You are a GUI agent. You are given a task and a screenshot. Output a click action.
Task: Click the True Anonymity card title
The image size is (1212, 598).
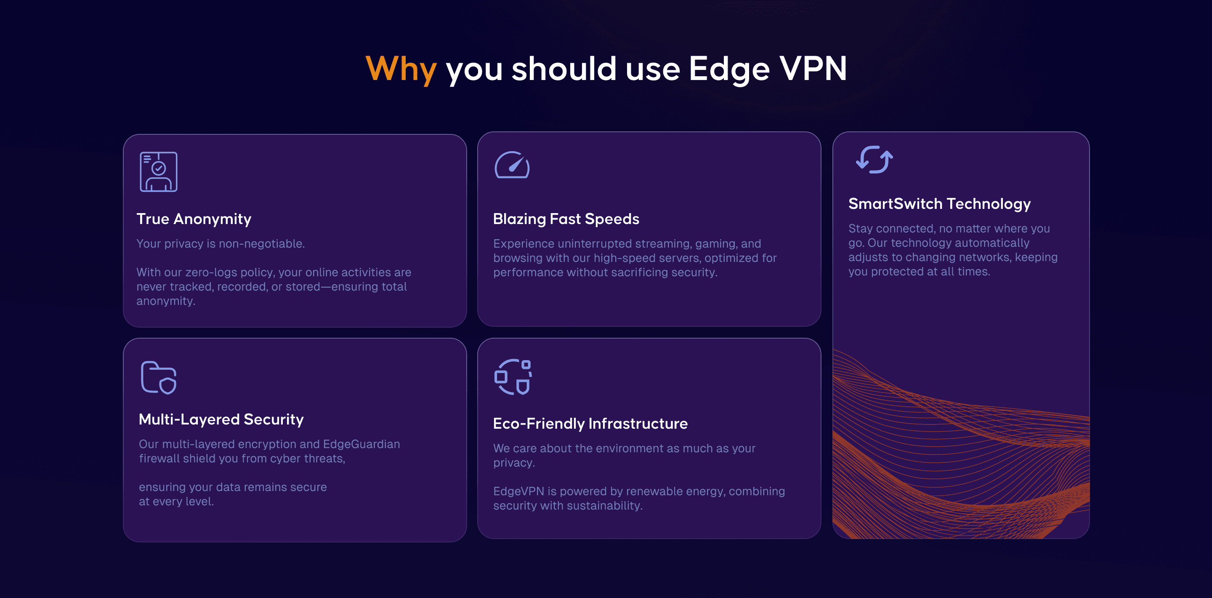(x=194, y=219)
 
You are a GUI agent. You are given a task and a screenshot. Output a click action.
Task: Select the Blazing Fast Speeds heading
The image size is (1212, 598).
(x=566, y=219)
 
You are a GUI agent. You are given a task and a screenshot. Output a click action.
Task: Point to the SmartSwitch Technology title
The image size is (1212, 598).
(x=939, y=204)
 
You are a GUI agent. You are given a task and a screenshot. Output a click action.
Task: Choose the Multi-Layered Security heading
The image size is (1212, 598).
(x=221, y=419)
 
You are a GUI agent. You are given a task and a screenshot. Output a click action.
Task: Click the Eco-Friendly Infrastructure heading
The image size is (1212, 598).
(x=590, y=424)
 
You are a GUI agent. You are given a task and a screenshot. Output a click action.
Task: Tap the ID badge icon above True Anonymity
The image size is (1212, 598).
(x=159, y=171)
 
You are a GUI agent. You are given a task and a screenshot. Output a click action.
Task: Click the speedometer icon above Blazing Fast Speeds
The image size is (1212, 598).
(x=512, y=165)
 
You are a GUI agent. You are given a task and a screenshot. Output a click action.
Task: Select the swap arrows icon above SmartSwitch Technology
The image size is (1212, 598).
(x=874, y=160)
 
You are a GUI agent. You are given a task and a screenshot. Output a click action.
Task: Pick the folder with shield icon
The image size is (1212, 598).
(x=159, y=377)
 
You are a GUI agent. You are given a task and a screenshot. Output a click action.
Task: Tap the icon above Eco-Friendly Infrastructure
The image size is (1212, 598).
(x=513, y=376)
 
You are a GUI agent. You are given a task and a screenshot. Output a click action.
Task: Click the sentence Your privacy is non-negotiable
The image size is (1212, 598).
(x=221, y=244)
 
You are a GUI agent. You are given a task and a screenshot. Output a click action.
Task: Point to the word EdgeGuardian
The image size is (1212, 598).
(x=361, y=444)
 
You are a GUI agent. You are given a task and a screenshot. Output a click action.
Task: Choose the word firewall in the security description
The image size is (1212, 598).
(x=159, y=459)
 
